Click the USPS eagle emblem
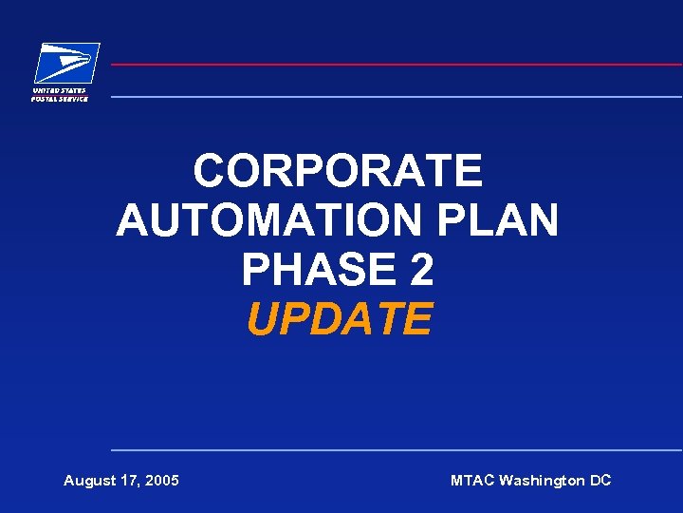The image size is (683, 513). coord(66,64)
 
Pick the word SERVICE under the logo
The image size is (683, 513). coord(72,99)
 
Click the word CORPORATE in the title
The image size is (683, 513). coord(339,172)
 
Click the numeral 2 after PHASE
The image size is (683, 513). coord(422,271)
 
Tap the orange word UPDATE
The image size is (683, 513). coord(339,320)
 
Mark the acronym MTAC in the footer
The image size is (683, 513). coord(472,481)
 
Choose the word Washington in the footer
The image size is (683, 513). coord(542,481)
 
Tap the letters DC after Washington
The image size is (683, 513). coord(600,481)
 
